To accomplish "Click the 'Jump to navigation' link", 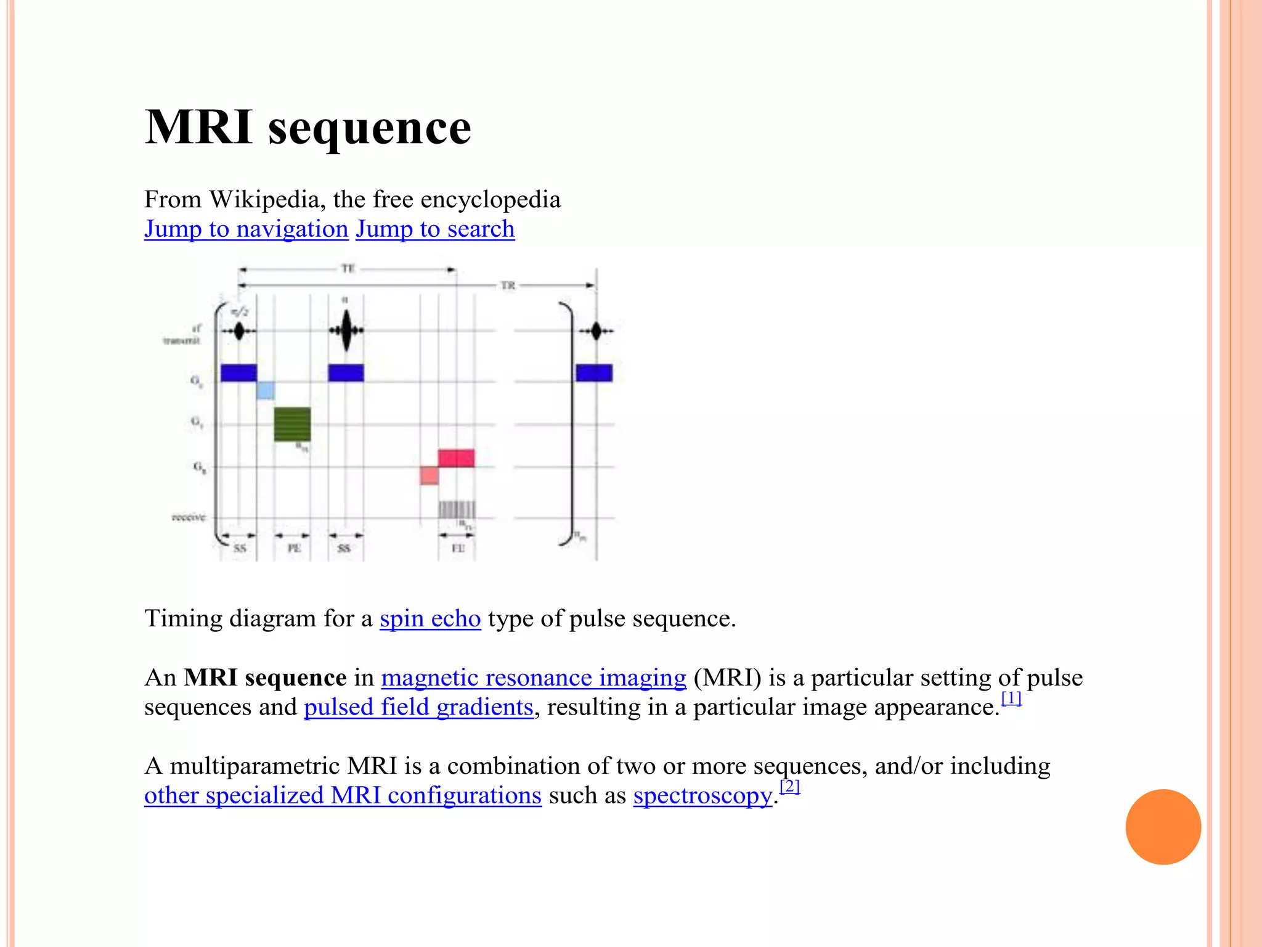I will (246, 229).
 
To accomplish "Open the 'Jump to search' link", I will (434, 229).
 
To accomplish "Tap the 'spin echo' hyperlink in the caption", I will (429, 618).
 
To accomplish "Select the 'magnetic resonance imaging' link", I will (533, 678).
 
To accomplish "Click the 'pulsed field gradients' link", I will (418, 707).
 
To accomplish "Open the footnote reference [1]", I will (1011, 699).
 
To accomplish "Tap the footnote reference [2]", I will (789, 787).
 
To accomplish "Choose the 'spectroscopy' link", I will (702, 795).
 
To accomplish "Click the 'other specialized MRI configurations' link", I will (343, 795).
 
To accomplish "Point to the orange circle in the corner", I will (1163, 827).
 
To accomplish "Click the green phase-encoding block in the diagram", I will (292, 424).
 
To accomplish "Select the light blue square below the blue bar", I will (265, 390).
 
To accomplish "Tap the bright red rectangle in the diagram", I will (456, 458).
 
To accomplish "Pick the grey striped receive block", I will (457, 510).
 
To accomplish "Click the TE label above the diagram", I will (348, 269).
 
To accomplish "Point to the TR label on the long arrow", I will (507, 285).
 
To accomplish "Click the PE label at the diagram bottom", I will (294, 548).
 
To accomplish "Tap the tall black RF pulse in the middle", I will (346, 331).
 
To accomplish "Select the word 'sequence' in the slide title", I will (370, 128).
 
